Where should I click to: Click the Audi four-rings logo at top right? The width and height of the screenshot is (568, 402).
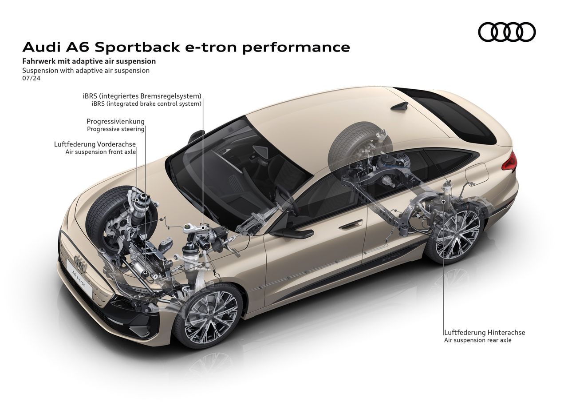click(507, 32)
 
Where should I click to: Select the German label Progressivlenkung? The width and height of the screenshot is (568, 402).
click(115, 121)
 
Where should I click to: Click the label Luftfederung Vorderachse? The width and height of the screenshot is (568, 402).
click(95, 144)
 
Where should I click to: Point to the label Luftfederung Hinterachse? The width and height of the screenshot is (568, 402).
click(485, 332)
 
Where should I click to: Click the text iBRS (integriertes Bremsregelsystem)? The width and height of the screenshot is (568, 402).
click(142, 96)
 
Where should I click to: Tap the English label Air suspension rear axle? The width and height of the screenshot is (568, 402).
click(477, 340)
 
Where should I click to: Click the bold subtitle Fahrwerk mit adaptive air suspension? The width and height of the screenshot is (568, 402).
click(89, 61)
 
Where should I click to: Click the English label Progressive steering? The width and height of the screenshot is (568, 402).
click(115, 129)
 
